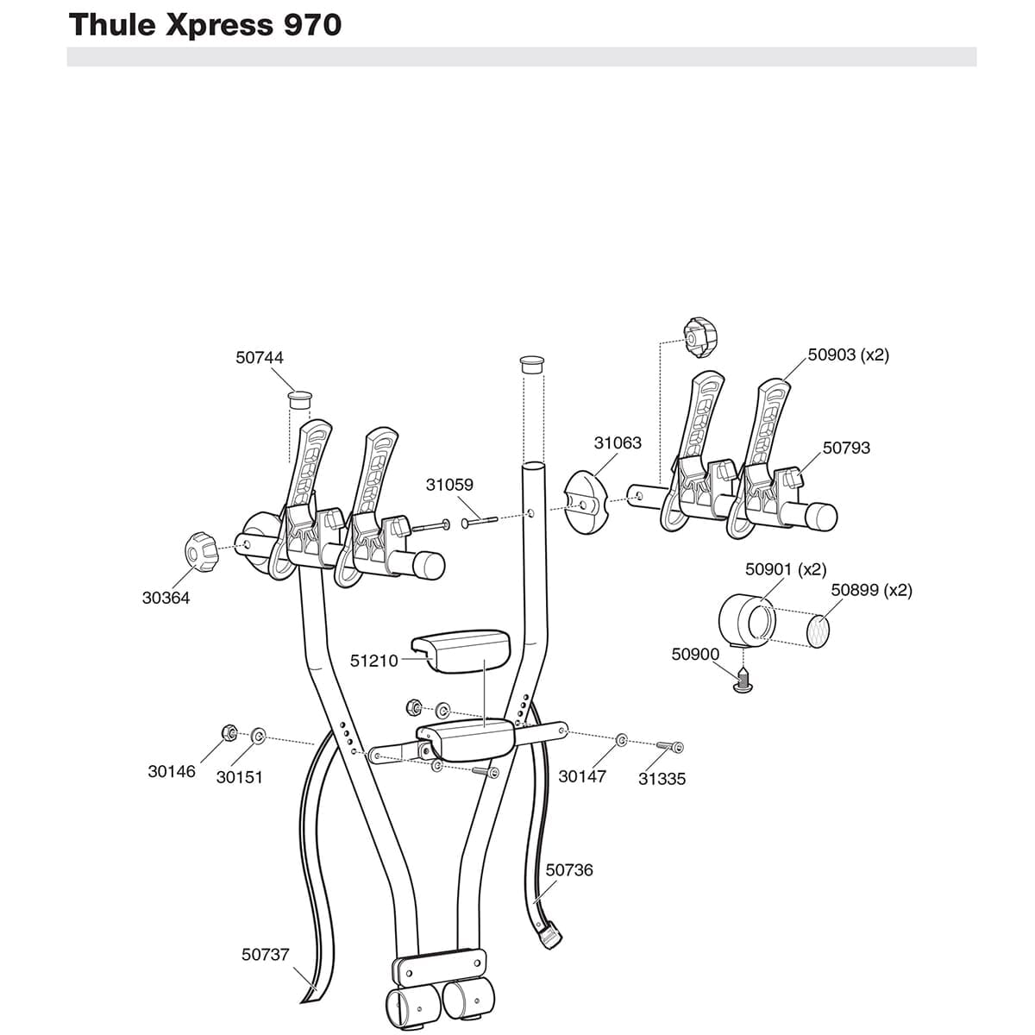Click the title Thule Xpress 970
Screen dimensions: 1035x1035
[205, 25]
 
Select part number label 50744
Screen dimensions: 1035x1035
[260, 357]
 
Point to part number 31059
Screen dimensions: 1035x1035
[449, 485]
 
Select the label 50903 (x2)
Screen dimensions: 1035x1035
[848, 354]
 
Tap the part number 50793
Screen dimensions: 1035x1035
[846, 448]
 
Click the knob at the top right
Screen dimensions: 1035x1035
[698, 338]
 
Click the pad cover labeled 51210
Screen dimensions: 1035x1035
[461, 648]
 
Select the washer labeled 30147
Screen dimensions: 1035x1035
[622, 740]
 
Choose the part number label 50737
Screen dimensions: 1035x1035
[266, 955]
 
